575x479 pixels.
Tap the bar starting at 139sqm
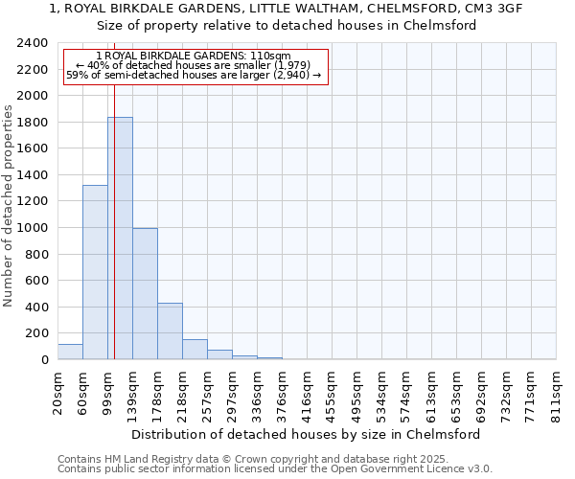(145, 294)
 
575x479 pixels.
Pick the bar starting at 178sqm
(170, 331)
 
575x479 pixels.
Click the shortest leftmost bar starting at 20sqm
(70, 352)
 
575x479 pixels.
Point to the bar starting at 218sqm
(195, 350)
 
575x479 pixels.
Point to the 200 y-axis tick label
(35, 333)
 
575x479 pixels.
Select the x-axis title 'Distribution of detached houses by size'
(306, 434)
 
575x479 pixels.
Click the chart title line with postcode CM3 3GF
(287, 9)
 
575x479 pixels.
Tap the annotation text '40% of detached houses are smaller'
(195, 65)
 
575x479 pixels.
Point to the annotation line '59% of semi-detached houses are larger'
(195, 75)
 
